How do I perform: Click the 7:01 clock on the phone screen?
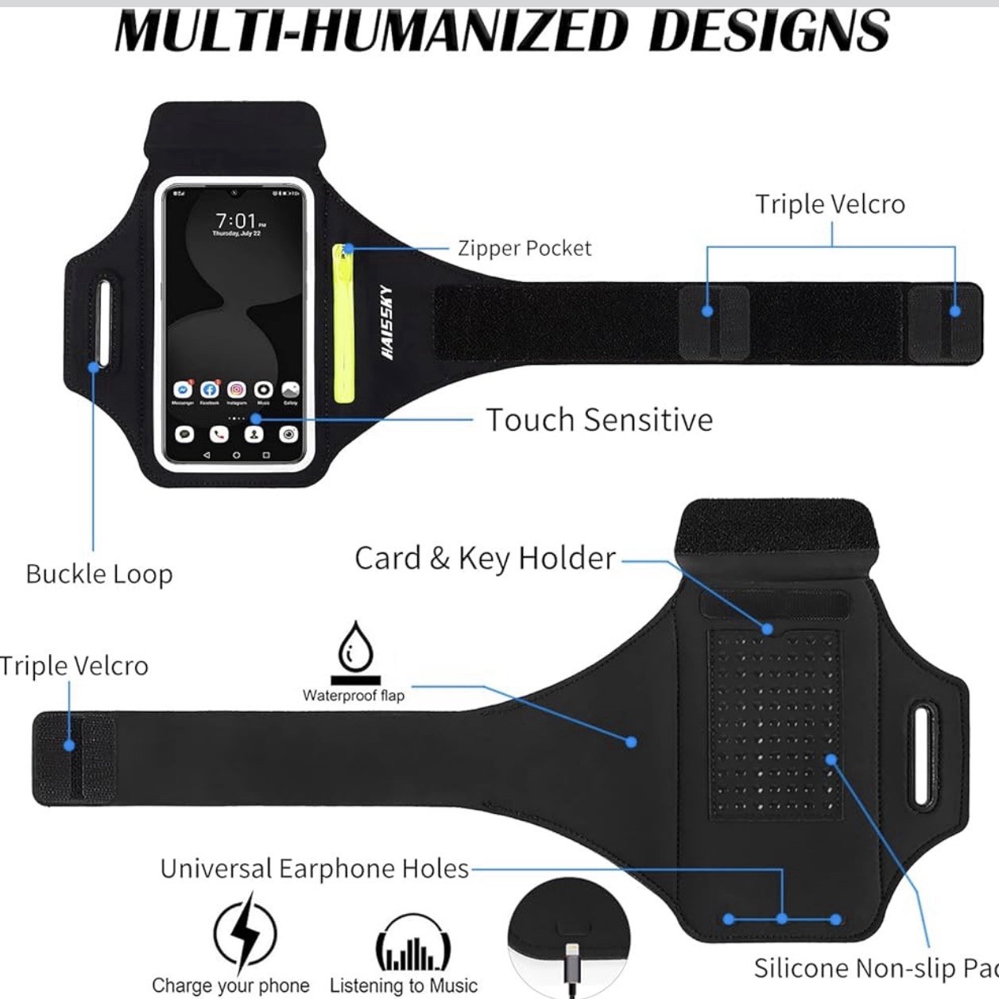[x=236, y=220]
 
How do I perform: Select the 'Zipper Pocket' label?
[x=525, y=249]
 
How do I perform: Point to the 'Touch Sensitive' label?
[x=599, y=420]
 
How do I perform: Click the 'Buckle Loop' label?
[x=99, y=574]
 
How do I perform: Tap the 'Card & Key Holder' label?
[x=485, y=558]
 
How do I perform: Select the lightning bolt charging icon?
[x=246, y=933]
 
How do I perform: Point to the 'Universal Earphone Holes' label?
[x=314, y=869]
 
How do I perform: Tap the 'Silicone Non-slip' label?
[x=874, y=968]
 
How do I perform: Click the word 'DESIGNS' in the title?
[x=768, y=32]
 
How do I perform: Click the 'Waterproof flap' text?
[x=353, y=695]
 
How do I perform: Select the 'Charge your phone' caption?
[x=230, y=985]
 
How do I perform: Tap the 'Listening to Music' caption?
[x=404, y=985]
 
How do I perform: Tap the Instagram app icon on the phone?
[x=237, y=389]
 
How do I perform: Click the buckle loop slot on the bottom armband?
[x=923, y=753]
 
